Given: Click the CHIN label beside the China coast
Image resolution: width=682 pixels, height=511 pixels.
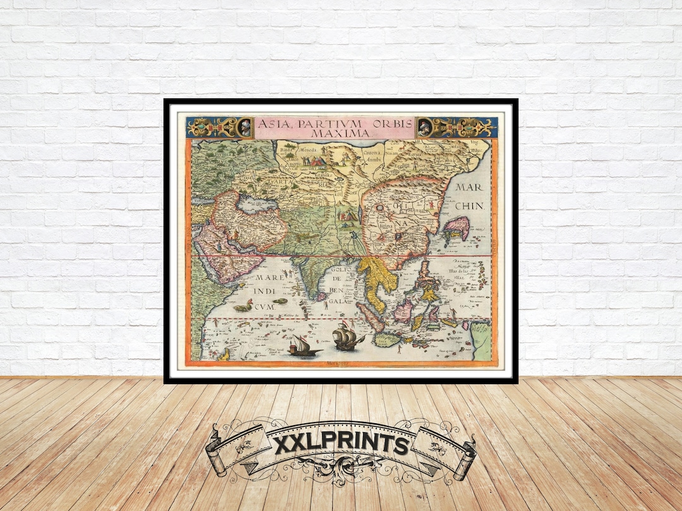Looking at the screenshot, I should [x=470, y=206].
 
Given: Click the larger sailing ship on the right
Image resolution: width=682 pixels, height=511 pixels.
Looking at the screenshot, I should [x=346, y=338].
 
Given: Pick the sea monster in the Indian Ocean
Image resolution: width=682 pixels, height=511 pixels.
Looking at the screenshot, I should [x=242, y=307].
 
